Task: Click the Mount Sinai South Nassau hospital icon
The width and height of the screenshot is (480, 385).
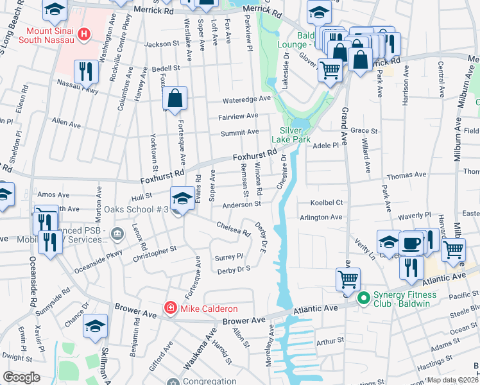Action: click(83, 33)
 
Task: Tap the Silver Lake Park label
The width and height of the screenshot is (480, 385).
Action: click(295, 134)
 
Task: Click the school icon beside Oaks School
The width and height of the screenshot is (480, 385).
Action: click(182, 198)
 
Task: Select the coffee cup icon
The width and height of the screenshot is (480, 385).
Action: click(411, 244)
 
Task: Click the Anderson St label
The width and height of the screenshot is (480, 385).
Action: click(241, 205)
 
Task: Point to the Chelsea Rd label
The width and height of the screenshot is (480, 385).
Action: click(233, 228)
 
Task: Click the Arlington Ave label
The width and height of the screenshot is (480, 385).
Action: click(321, 218)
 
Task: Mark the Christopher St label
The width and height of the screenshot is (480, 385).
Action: click(155, 251)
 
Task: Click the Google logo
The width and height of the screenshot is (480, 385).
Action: click(22, 377)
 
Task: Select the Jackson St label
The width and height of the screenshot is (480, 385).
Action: click(162, 44)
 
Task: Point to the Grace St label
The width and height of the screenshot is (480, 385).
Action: click(372, 130)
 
